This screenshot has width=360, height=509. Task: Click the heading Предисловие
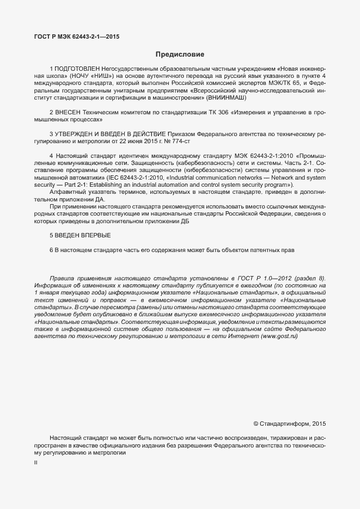coord(180,54)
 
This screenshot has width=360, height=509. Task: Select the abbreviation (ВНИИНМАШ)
coord(226,97)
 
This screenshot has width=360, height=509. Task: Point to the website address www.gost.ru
coord(279,336)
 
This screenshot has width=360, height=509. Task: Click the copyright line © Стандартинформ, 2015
coord(289,423)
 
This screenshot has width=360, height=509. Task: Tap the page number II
coord(35,462)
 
